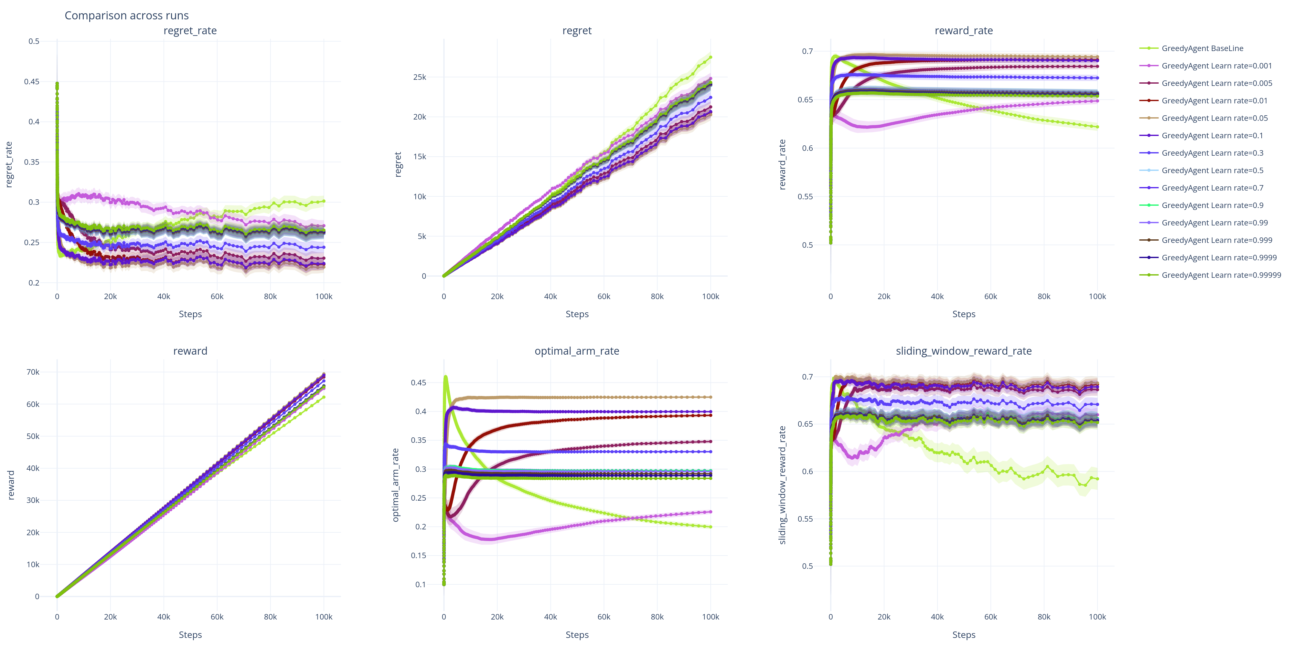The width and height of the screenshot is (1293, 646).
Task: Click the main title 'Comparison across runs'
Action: pyautogui.click(x=126, y=16)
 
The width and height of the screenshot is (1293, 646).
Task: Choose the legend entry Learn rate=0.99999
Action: pyautogui.click(x=1221, y=275)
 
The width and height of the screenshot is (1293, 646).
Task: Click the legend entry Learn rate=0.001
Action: pyautogui.click(x=1216, y=66)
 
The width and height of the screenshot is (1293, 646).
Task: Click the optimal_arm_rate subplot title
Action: pyautogui.click(x=577, y=351)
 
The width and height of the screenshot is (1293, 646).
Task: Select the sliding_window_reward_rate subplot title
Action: pyautogui.click(x=963, y=351)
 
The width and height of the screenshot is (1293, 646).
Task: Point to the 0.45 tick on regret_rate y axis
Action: pyautogui.click(x=32, y=82)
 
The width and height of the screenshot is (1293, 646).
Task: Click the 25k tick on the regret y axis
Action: pyautogui.click(x=420, y=77)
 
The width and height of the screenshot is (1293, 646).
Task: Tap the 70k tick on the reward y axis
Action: pyautogui.click(x=33, y=372)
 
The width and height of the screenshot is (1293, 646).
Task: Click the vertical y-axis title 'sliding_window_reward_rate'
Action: pyautogui.click(x=782, y=485)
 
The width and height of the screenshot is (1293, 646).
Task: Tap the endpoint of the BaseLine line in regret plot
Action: pyautogui.click(x=710, y=57)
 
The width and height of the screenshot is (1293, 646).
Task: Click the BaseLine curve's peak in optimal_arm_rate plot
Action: pyautogui.click(x=445, y=376)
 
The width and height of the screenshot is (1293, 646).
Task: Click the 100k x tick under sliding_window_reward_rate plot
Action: pyautogui.click(x=1097, y=617)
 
